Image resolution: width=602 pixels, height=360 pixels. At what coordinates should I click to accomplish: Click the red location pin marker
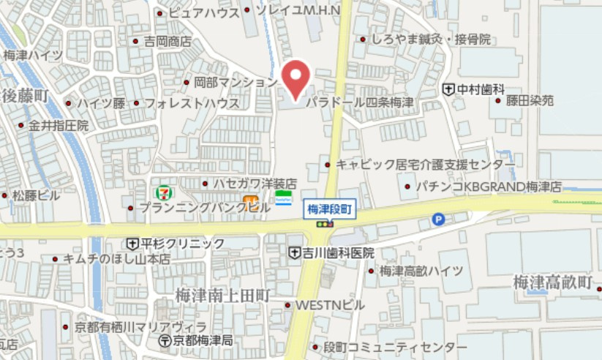tap(296, 78)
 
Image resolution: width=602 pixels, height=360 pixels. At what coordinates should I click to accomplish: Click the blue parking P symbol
tap(438, 217)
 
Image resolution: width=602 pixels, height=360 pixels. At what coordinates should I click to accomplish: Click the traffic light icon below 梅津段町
tap(323, 225)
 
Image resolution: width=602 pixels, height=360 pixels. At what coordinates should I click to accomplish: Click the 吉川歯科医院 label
tap(338, 252)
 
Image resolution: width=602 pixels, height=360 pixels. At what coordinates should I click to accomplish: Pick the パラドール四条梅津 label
tap(359, 102)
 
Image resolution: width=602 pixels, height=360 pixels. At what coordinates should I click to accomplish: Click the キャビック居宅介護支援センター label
tap(425, 165)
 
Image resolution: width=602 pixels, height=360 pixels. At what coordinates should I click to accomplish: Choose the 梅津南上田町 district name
tap(223, 295)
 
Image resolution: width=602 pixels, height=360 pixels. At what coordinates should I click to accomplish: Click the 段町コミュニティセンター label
tap(395, 346)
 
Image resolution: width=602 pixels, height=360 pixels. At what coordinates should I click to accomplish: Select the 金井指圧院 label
tap(59, 126)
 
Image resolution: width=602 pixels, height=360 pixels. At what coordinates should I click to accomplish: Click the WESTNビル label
tap(329, 304)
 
